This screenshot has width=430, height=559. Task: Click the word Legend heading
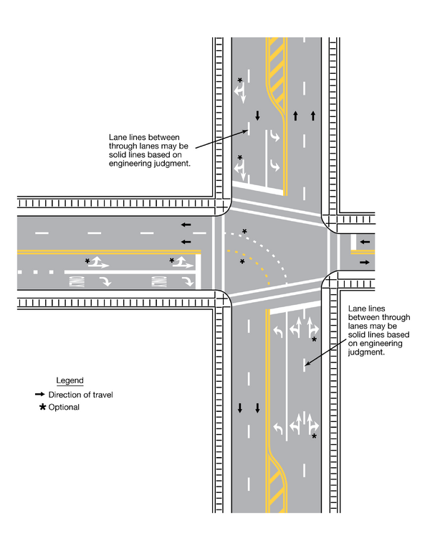[70, 380]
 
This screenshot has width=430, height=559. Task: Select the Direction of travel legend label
[81, 395]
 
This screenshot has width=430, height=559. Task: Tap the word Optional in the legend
[64, 408]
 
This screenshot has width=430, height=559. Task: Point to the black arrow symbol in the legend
[40, 395]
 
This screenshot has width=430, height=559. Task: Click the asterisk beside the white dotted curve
[245, 231]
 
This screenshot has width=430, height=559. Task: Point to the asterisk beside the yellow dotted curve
[242, 263]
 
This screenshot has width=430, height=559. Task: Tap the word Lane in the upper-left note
[117, 137]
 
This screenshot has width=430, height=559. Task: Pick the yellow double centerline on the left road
[107, 252]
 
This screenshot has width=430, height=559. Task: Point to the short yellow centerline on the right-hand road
[363, 252]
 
